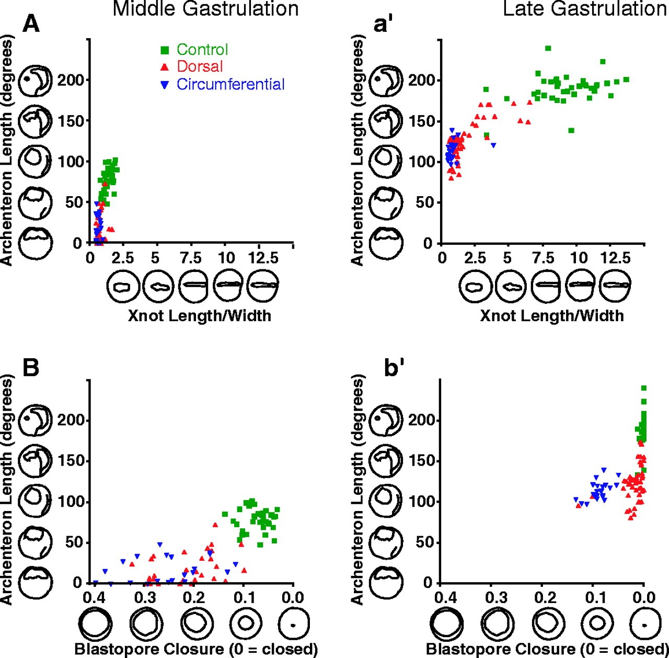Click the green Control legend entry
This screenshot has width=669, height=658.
tap(194, 50)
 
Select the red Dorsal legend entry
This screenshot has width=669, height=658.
tap(191, 66)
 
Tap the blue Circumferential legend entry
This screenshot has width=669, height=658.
tap(222, 84)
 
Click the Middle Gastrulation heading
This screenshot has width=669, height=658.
tap(205, 9)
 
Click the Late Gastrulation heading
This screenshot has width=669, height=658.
tap(585, 9)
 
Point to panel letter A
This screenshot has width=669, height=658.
tap(31, 24)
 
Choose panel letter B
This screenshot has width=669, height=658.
tap(31, 368)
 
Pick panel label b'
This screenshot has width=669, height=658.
tap(393, 368)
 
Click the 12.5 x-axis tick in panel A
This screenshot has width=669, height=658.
tap(263, 257)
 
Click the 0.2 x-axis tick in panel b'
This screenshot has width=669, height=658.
tap(541, 597)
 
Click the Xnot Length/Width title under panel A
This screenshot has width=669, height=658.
tap(199, 315)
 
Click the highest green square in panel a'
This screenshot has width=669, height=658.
tap(548, 48)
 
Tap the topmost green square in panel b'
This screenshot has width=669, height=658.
tap(643, 388)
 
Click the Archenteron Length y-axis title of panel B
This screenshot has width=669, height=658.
tap(7, 490)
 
